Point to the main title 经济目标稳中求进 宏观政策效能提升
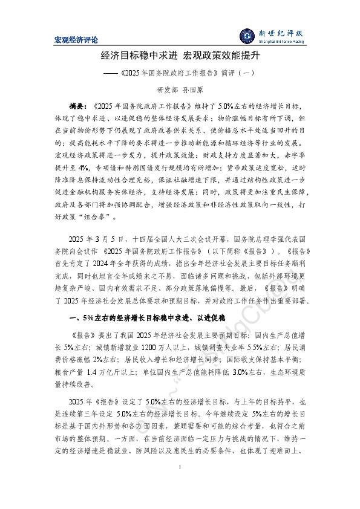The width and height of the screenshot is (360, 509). coord(180,57)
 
